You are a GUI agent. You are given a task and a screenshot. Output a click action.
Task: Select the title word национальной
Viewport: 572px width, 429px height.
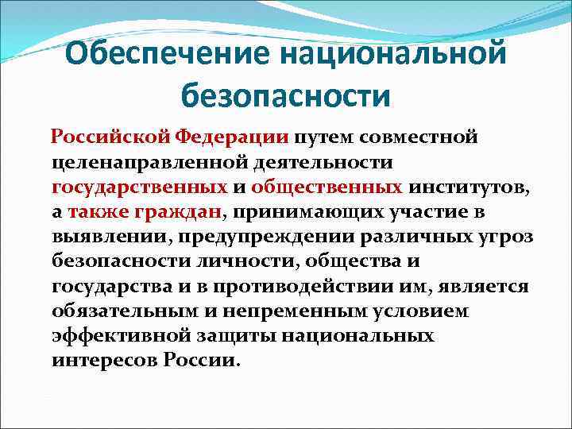396,56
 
